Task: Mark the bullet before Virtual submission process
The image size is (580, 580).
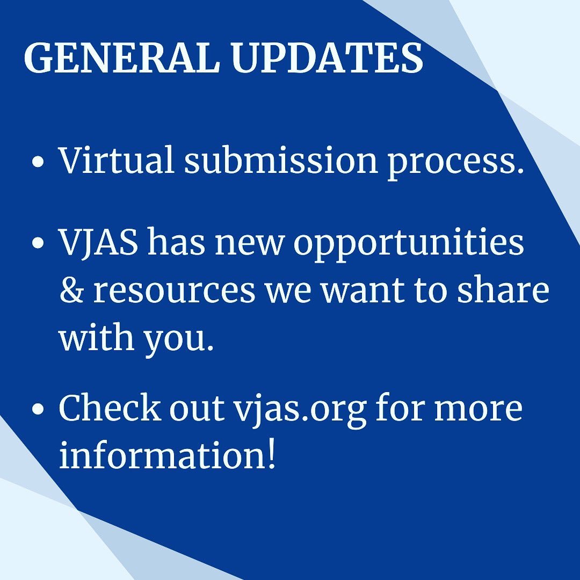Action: pos(37,162)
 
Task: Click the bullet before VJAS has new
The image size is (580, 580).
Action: pos(37,245)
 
